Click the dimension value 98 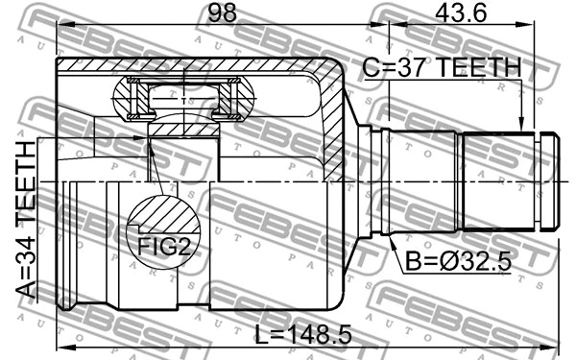[223, 12]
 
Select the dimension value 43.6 [461, 12]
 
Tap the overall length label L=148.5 [303, 334]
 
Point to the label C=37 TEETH [442, 67]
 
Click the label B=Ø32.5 [458, 262]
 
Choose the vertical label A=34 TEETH [27, 220]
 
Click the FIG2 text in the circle [164, 246]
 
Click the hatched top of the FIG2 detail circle [165, 213]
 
